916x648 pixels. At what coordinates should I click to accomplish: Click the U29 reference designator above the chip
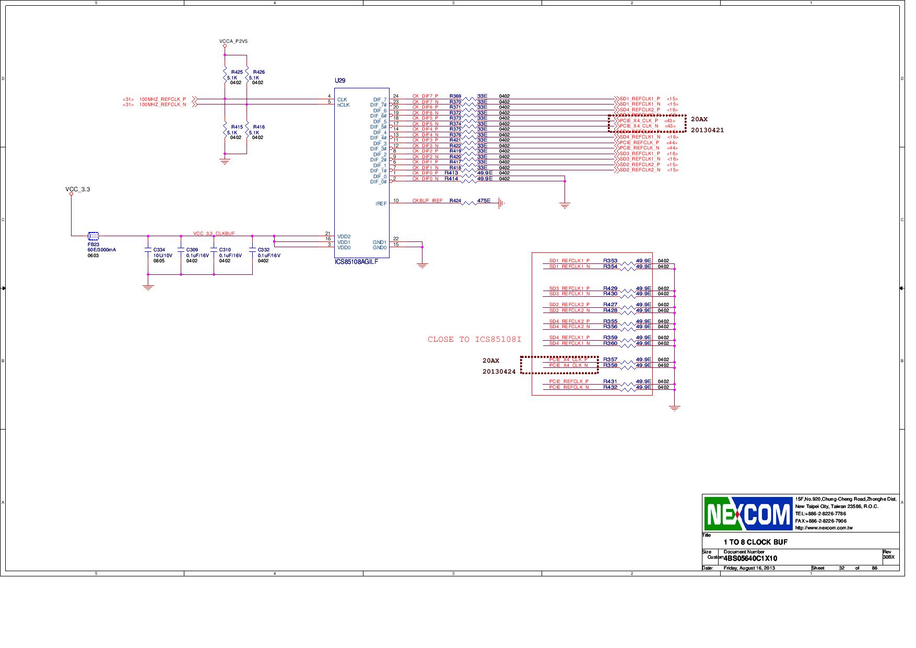tap(340, 80)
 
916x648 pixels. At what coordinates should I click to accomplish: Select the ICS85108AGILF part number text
tap(356, 262)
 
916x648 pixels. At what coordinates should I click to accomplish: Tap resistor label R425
tap(237, 72)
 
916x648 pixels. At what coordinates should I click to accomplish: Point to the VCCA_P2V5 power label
tap(233, 41)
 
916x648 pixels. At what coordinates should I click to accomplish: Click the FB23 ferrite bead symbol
tap(93, 236)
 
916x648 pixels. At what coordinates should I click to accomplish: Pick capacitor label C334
tap(159, 250)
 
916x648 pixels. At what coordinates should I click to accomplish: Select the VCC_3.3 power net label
tap(77, 189)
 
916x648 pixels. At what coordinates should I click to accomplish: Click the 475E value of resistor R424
tap(484, 201)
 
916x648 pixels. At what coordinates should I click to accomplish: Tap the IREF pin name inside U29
tap(381, 203)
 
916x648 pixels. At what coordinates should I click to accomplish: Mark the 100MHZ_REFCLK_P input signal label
tap(162, 99)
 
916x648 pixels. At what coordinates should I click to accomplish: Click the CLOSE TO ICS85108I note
tap(474, 340)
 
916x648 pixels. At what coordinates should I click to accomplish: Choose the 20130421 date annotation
tap(707, 130)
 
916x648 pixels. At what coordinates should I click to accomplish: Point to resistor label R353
tap(610, 260)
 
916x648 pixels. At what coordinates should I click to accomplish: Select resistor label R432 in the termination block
tap(610, 387)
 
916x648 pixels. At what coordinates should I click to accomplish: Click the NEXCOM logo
tap(748, 514)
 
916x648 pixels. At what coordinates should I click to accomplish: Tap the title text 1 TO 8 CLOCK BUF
tap(755, 542)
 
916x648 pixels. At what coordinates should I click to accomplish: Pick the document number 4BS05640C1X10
tap(750, 558)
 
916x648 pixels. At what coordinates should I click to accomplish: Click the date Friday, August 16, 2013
tap(749, 568)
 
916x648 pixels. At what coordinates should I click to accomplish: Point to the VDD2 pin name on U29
tap(344, 237)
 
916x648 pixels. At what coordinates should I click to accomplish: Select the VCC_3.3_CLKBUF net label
tap(214, 234)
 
